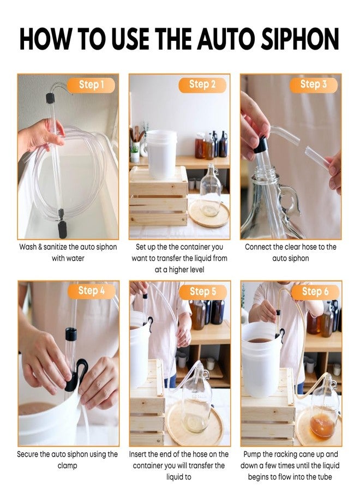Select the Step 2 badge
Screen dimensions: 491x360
(202, 84)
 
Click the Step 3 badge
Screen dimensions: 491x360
(314, 84)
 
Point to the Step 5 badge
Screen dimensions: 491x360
(202, 291)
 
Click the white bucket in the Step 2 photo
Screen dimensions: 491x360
(162, 153)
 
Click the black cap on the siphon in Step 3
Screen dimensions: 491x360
(261, 145)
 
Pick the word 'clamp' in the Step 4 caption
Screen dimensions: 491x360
(68, 465)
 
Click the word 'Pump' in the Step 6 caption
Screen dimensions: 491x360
(251, 454)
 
